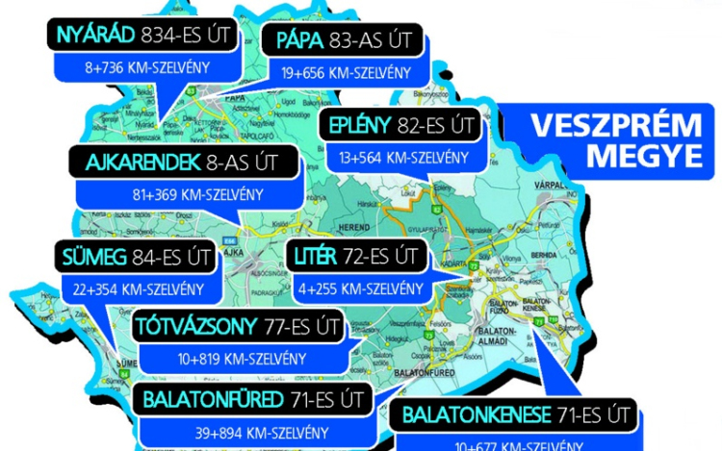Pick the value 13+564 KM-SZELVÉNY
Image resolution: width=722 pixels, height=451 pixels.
click(403, 157)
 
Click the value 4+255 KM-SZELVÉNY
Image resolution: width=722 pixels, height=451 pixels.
click(359, 288)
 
